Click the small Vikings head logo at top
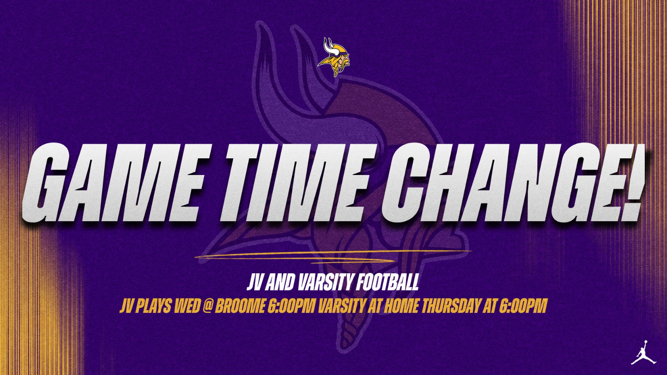(x=334, y=57)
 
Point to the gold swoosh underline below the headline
(x=332, y=256)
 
